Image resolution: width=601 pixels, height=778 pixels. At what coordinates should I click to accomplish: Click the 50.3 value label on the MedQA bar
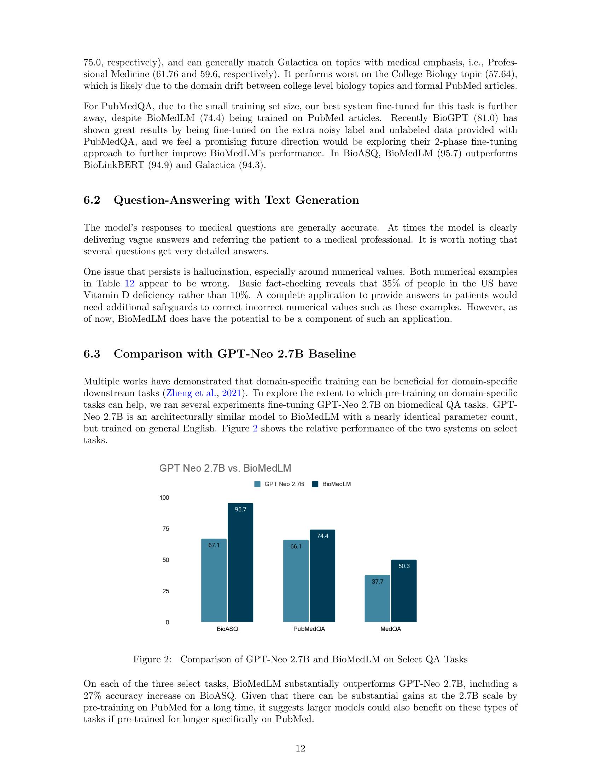tap(404, 566)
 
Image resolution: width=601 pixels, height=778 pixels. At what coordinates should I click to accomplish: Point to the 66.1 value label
tap(296, 546)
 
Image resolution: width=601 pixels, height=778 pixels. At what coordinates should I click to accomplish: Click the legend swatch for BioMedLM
tap(315, 484)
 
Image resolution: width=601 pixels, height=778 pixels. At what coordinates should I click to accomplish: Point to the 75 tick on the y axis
tap(165, 529)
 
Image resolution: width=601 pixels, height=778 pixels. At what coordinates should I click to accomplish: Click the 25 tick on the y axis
tap(165, 591)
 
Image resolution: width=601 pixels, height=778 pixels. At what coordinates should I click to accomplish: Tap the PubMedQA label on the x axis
tap(309, 629)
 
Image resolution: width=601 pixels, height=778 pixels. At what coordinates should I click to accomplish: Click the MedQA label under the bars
tap(391, 629)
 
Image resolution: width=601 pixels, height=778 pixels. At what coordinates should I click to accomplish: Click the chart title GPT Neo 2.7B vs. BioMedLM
tap(225, 468)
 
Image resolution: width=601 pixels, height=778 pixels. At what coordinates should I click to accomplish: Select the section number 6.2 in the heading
tap(92, 200)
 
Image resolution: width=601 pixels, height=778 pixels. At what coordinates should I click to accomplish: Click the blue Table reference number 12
tap(129, 284)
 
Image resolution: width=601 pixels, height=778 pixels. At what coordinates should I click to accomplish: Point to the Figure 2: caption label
tap(152, 660)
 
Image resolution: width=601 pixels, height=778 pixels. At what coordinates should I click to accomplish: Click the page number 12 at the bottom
tap(300, 748)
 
